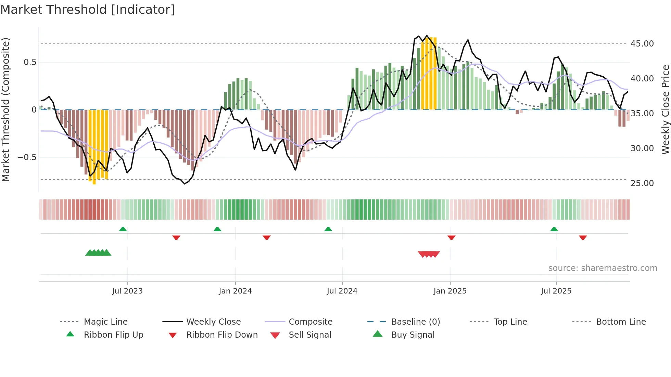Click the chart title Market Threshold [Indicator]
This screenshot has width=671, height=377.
(88, 10)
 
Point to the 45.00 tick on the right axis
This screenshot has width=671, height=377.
(642, 44)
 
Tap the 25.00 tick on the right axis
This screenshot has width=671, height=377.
(642, 183)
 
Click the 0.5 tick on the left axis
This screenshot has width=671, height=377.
(30, 62)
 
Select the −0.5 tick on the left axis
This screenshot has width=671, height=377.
(27, 157)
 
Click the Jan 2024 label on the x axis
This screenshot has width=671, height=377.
(235, 291)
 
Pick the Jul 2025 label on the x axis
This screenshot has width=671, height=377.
(556, 291)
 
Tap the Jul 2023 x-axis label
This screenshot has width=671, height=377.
(127, 291)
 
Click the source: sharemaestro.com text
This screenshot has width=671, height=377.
(603, 268)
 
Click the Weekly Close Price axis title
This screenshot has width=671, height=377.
(665, 109)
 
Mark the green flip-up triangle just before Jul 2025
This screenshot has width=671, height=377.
(554, 229)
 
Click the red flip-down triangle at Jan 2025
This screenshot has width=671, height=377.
(451, 237)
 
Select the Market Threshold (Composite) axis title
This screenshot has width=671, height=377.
(5, 109)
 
